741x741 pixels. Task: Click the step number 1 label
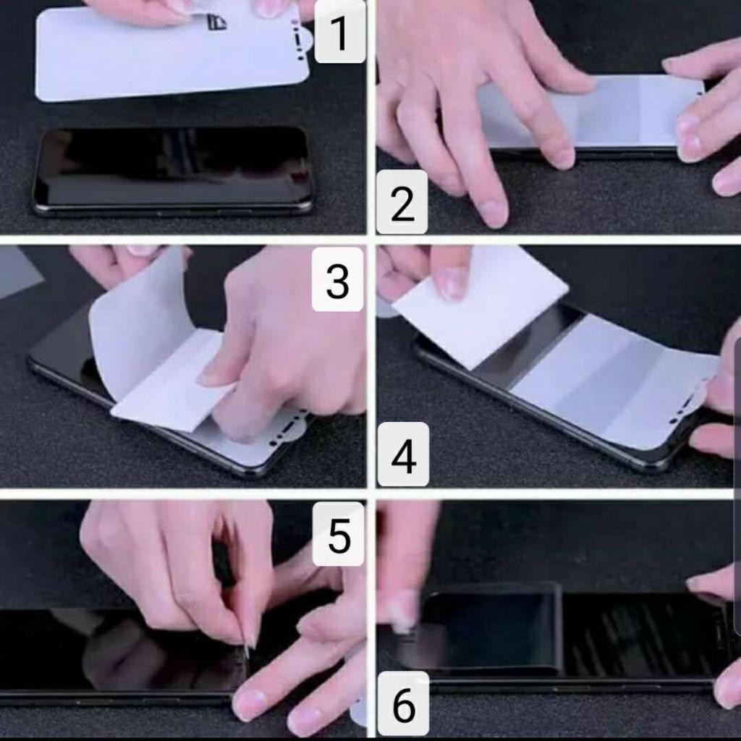pos(340,33)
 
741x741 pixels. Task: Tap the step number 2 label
pos(402,202)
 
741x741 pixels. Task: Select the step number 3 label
pos(337,280)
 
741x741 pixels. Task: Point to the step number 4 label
pos(404,454)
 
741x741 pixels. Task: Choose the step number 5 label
pos(339,534)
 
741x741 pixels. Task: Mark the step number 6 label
pos(404,704)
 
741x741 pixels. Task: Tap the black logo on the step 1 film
pos(216,22)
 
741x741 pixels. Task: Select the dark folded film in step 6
pos(491,629)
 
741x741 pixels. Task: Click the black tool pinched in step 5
pos(222,562)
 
